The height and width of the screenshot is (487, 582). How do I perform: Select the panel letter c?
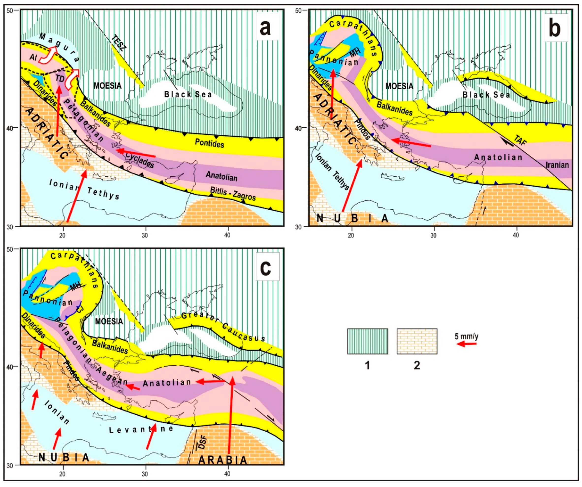click(266, 267)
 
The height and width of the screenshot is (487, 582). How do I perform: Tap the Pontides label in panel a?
click(209, 143)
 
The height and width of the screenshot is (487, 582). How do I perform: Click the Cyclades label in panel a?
click(139, 160)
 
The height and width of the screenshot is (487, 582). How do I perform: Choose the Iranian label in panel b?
click(557, 165)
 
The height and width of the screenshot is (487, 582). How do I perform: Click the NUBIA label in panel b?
click(352, 218)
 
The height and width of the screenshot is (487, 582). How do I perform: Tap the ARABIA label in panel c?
click(222, 460)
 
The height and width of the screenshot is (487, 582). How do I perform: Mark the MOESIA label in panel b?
click(399, 86)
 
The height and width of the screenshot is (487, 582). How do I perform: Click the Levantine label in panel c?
click(141, 430)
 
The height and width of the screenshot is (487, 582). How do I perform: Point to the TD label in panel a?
click(60, 79)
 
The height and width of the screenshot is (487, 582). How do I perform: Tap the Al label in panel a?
click(33, 58)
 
